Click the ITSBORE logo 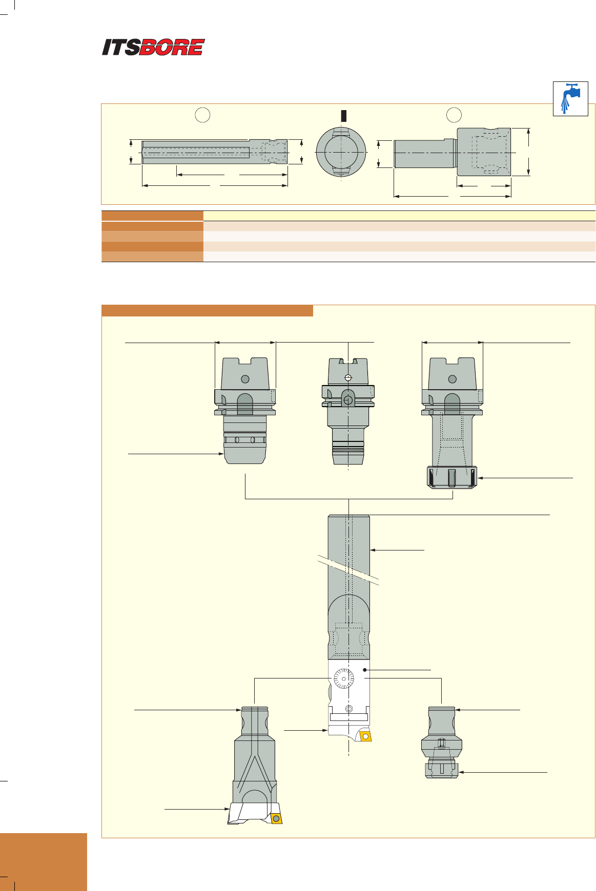tap(153, 47)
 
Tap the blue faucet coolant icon tap(570, 98)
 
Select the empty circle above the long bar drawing tap(203, 115)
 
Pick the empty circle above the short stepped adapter tap(454, 115)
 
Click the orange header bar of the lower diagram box tap(207, 311)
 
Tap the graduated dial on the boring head tap(343, 680)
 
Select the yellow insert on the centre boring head tap(365, 736)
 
